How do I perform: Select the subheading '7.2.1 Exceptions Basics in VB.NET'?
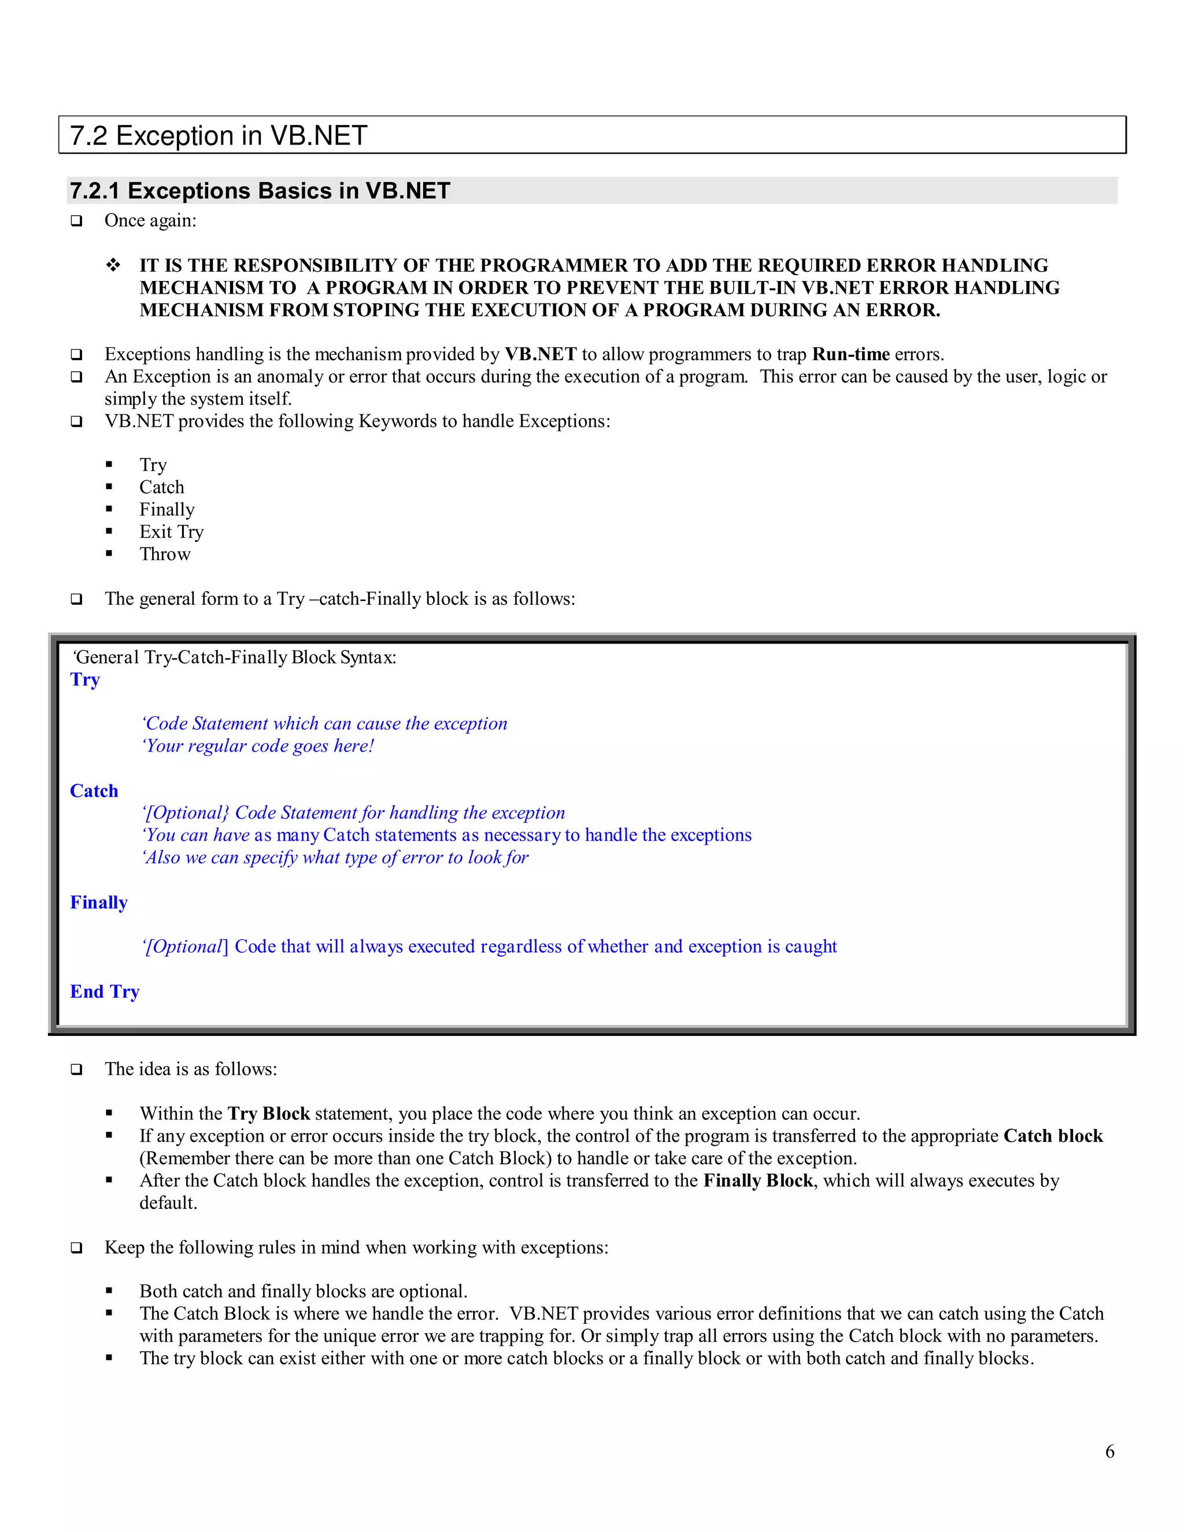pyautogui.click(x=260, y=191)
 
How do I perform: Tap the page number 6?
pyautogui.click(x=1109, y=1451)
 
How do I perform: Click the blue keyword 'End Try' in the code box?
pyautogui.click(x=105, y=991)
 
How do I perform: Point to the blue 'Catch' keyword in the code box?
pyautogui.click(x=94, y=790)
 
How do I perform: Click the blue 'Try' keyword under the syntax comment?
pyautogui.click(x=85, y=680)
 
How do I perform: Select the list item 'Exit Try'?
pyautogui.click(x=171, y=532)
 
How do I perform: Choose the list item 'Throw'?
pyautogui.click(x=165, y=554)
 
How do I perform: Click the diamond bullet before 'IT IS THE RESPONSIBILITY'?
pyautogui.click(x=113, y=266)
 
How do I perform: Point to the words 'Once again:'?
pyautogui.click(x=150, y=221)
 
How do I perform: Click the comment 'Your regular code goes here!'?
pyautogui.click(x=258, y=746)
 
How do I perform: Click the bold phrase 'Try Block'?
pyautogui.click(x=269, y=1114)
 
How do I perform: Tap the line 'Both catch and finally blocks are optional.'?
pyautogui.click(x=303, y=1292)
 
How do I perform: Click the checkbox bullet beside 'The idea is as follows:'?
pyautogui.click(x=76, y=1070)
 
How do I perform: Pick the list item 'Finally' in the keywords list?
pyautogui.click(x=167, y=509)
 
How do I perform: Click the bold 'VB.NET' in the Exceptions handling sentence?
pyautogui.click(x=540, y=354)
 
